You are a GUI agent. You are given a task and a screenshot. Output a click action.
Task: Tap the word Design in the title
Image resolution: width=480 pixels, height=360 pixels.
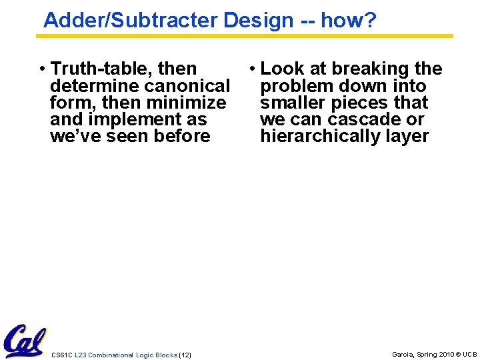(x=258, y=20)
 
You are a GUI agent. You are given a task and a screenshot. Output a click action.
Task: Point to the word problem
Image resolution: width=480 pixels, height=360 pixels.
(x=297, y=86)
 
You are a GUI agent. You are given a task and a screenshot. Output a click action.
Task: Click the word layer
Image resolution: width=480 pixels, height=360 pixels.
(x=404, y=137)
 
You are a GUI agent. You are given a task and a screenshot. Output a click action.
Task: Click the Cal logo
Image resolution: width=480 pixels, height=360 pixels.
(x=24, y=341)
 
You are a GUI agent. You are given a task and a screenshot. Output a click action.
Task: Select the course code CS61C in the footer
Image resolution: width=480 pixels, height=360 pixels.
(x=61, y=355)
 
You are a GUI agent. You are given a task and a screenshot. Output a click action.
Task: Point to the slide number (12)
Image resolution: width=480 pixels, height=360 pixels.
(x=185, y=355)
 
